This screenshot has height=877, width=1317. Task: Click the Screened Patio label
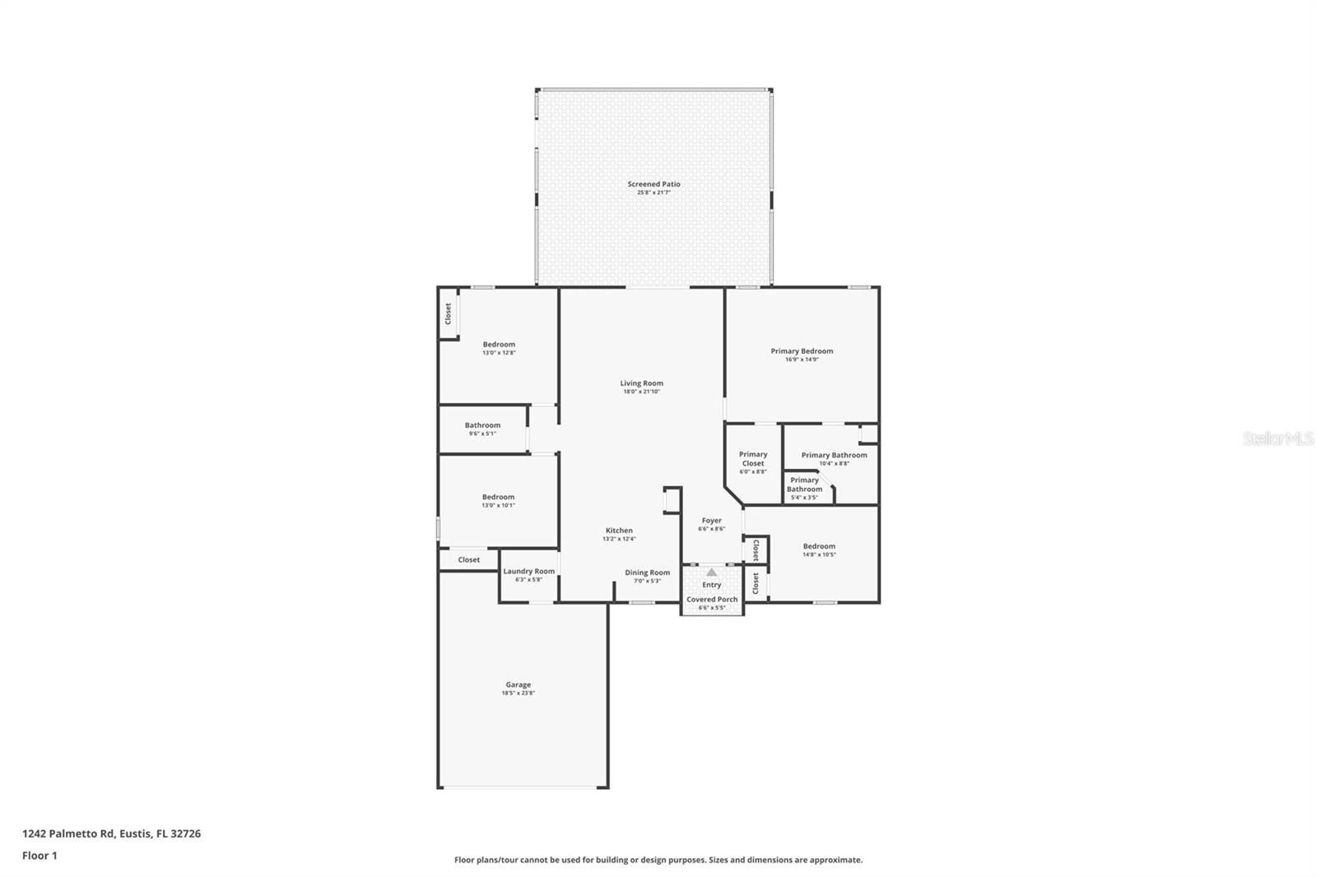coord(654,184)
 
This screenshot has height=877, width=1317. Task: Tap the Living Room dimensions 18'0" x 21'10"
coord(641,392)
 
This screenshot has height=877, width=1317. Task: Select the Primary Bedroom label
coord(802,351)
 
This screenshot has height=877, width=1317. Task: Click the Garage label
coord(518,684)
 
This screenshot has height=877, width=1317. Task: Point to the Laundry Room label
coord(528,571)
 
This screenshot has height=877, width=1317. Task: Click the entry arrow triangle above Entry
coord(711,572)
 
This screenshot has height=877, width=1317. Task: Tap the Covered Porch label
coord(712,600)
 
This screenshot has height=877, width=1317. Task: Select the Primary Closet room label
coord(752,459)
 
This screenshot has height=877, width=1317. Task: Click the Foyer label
coord(711,521)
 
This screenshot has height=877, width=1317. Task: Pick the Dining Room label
coord(647,573)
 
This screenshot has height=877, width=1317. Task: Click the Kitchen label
coord(619,531)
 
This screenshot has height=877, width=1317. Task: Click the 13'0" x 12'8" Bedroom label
coord(499,345)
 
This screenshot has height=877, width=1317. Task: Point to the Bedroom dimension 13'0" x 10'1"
coord(498,506)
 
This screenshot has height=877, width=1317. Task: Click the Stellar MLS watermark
coord(1277,439)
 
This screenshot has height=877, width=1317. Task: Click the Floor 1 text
coord(40,856)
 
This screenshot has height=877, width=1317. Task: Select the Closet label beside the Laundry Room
coord(468,559)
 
